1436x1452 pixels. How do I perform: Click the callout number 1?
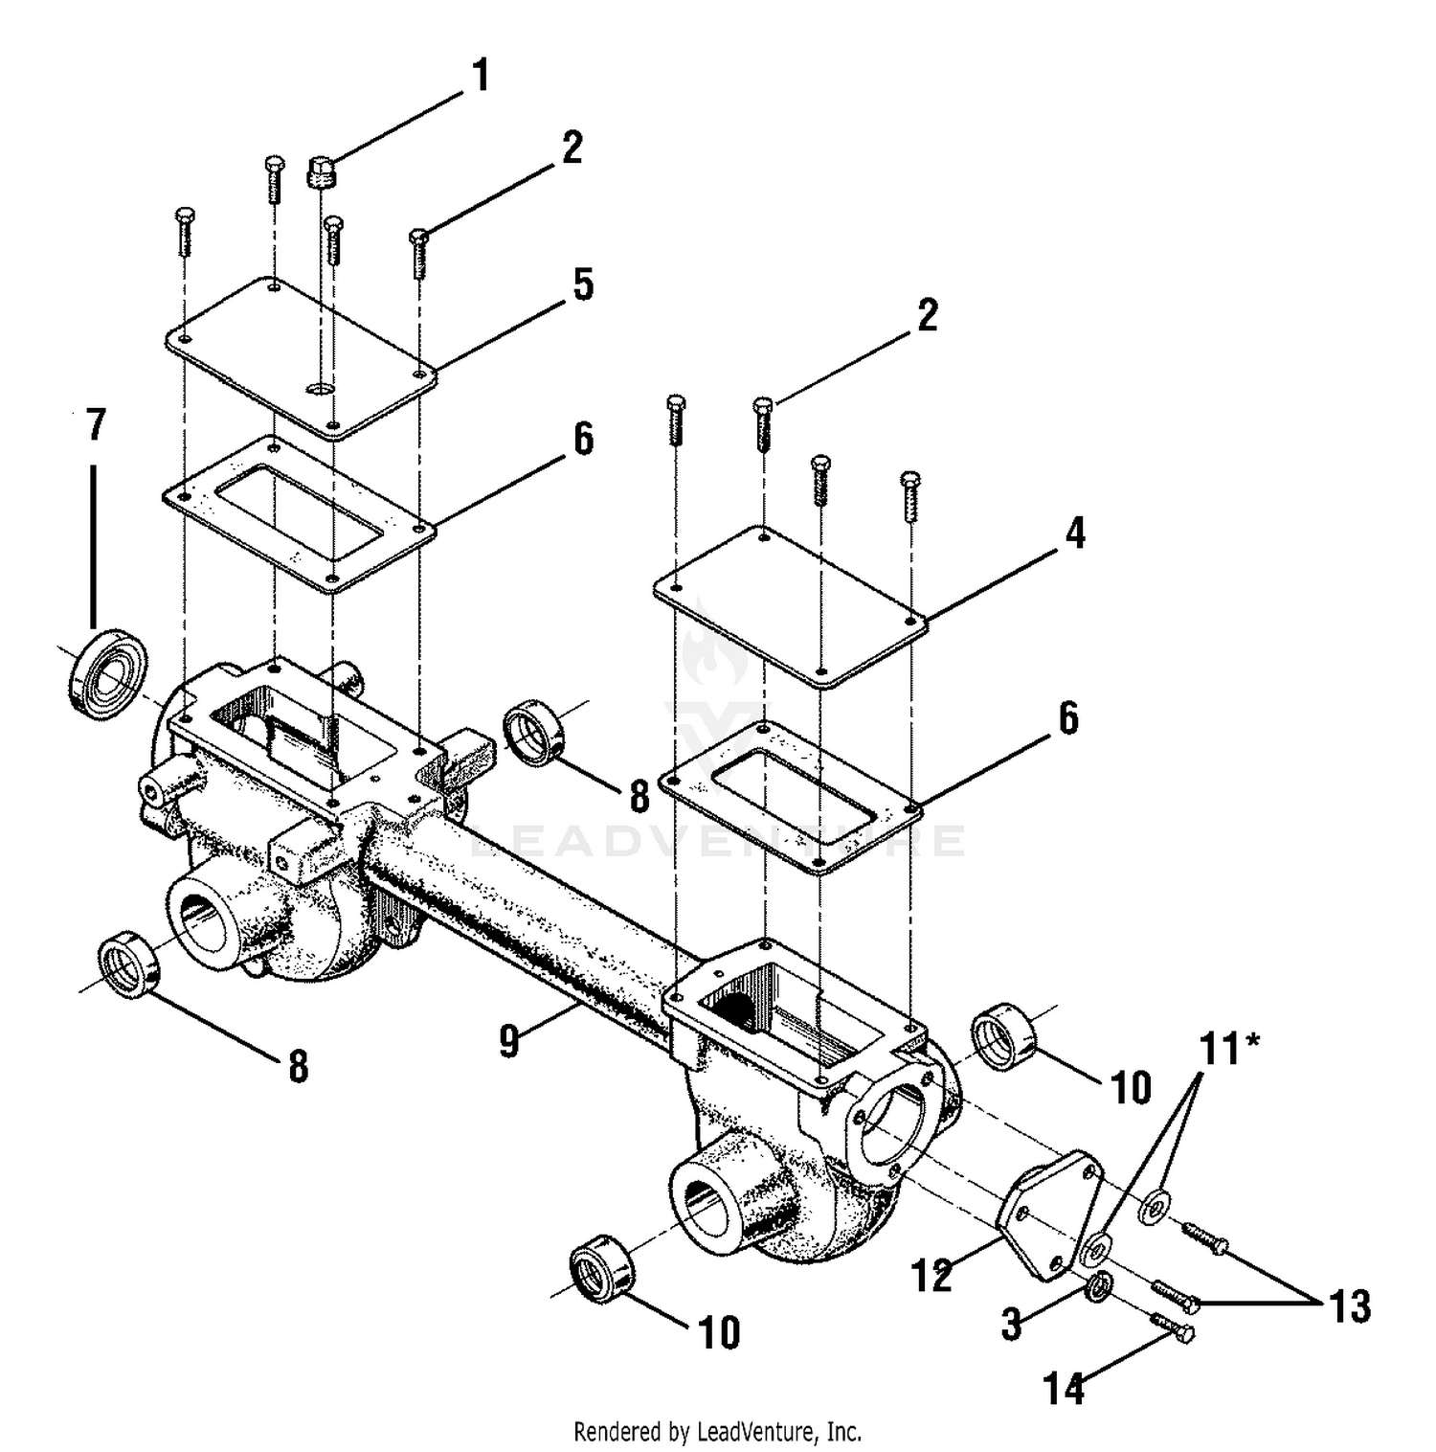click(481, 76)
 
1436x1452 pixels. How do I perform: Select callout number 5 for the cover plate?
click(583, 284)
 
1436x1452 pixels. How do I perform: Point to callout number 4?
click(1076, 533)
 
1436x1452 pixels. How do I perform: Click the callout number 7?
click(95, 425)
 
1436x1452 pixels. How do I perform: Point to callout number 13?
click(1350, 1305)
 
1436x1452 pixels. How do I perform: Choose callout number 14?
click(1064, 1388)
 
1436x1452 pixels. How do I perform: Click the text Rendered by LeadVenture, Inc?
click(717, 1432)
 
